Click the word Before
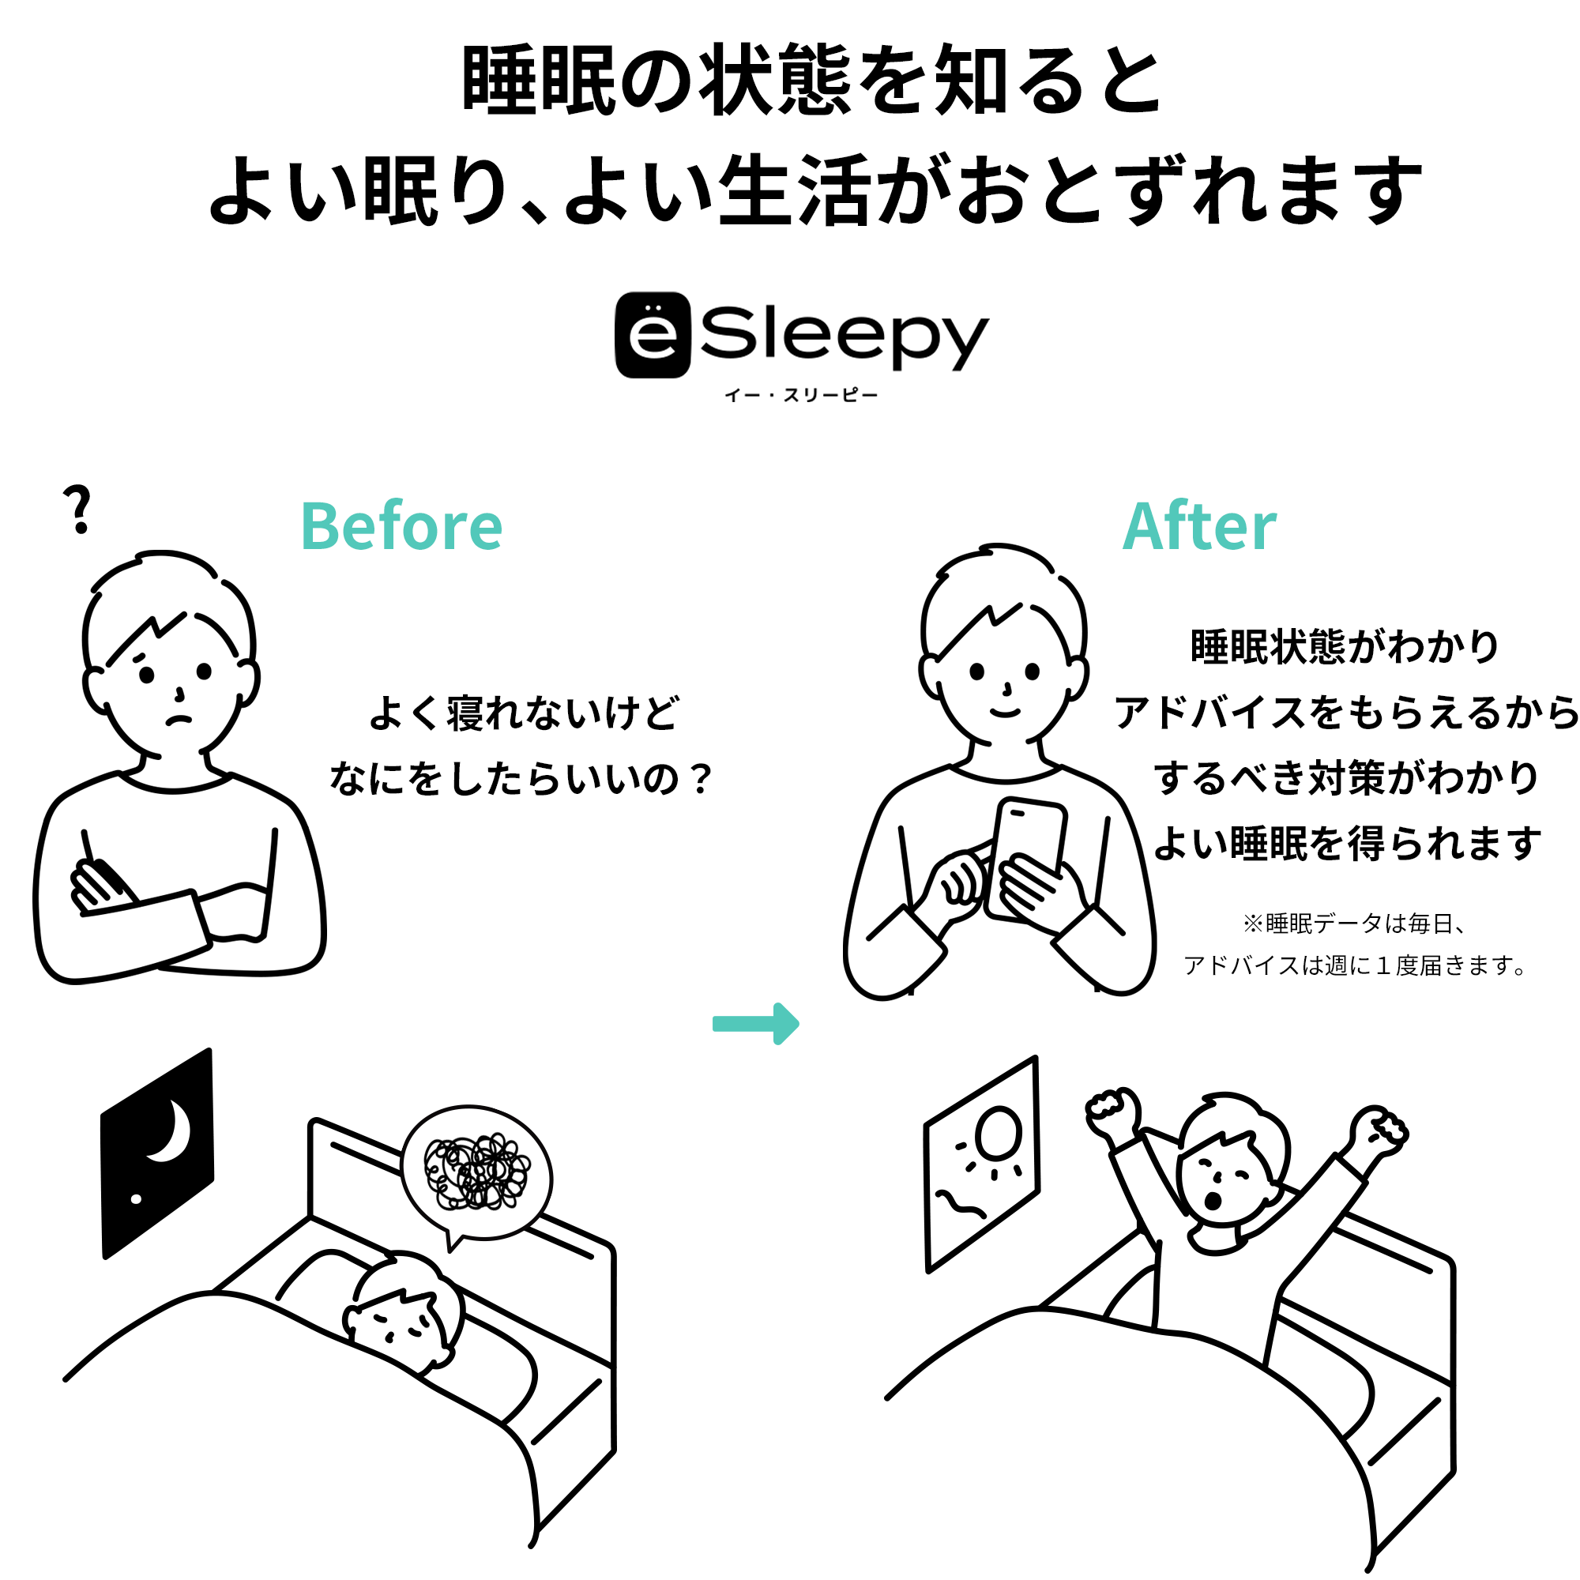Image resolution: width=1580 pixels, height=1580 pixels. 401,526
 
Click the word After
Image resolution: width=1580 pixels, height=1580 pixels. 1200,526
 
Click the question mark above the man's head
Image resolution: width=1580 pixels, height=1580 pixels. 78,509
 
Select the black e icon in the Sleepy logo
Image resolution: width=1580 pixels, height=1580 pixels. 653,335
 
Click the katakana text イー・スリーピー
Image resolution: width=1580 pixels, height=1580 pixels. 801,396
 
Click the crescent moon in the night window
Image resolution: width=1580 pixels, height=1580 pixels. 171,1131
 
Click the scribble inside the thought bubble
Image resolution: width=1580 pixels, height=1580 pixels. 477,1171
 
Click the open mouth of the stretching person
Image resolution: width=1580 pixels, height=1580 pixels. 1214,1202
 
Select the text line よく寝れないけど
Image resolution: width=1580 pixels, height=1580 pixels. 525,713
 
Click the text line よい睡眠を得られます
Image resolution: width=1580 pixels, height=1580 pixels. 1347,843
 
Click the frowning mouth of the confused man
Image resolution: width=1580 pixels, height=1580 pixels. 179,720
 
